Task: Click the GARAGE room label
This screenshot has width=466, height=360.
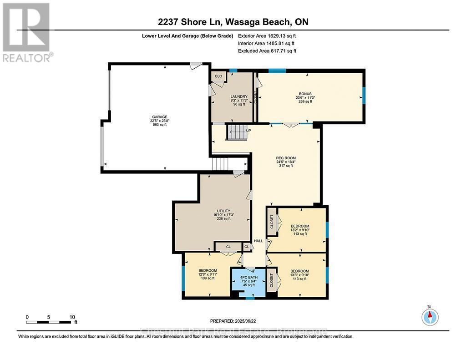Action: (x=159, y=117)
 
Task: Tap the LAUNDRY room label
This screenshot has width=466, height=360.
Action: (x=239, y=96)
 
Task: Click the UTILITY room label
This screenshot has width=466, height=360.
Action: (x=223, y=211)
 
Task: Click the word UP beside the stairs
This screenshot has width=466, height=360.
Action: (x=248, y=131)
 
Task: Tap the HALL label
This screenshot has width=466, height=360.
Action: (x=258, y=241)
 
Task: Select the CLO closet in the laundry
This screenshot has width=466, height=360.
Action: (x=218, y=76)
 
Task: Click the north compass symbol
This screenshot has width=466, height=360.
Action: (x=430, y=316)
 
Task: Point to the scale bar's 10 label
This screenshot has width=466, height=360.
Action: (x=72, y=317)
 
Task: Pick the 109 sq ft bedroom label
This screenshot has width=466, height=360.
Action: (x=208, y=279)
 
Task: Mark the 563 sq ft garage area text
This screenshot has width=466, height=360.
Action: (x=159, y=125)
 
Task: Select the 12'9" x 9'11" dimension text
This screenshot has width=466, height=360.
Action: (x=208, y=274)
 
